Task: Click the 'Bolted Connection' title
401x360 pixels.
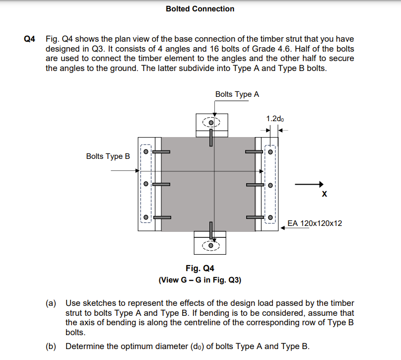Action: click(x=200, y=9)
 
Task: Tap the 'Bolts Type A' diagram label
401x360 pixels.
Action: click(x=237, y=94)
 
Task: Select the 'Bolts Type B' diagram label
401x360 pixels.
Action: click(x=108, y=156)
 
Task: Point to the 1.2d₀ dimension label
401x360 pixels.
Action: click(x=275, y=119)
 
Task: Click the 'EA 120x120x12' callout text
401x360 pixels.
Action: click(x=315, y=223)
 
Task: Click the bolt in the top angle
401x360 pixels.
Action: click(x=212, y=122)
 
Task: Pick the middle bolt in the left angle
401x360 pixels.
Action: click(x=146, y=184)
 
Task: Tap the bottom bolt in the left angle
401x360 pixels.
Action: click(x=146, y=217)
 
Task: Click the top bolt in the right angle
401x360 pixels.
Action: click(x=270, y=152)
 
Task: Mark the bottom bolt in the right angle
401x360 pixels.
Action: click(x=270, y=217)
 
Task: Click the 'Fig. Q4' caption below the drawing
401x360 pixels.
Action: click(x=200, y=269)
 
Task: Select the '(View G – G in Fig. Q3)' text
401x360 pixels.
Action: click(x=200, y=280)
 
